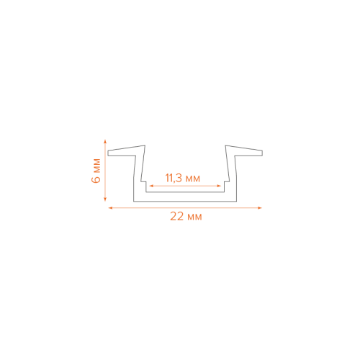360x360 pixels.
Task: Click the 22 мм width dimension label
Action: point(186,217)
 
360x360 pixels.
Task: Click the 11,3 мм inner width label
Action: point(183,178)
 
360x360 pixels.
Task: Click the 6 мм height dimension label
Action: point(96,171)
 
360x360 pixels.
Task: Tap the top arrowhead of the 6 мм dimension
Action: point(105,141)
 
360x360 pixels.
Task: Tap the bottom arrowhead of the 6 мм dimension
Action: point(105,199)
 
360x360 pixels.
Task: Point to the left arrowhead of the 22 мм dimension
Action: point(110,208)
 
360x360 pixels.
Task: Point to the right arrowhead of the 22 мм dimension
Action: point(260,208)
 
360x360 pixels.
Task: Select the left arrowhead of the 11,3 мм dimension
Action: point(151,186)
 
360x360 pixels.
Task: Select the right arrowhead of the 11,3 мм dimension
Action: point(219,186)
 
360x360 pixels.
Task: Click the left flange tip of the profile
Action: point(108,153)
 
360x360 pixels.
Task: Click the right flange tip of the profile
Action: point(262,153)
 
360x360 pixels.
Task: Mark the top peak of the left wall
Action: point(145,145)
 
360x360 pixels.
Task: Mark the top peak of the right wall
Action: point(225,145)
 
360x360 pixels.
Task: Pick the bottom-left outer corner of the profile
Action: point(134,202)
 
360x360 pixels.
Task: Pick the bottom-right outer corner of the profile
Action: point(236,202)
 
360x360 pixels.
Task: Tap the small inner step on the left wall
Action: point(143,181)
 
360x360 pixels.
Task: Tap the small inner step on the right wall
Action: point(227,181)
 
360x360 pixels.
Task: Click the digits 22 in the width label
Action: point(177,217)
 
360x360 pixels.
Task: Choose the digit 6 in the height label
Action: point(96,179)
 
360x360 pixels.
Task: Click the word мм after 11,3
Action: point(193,179)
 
